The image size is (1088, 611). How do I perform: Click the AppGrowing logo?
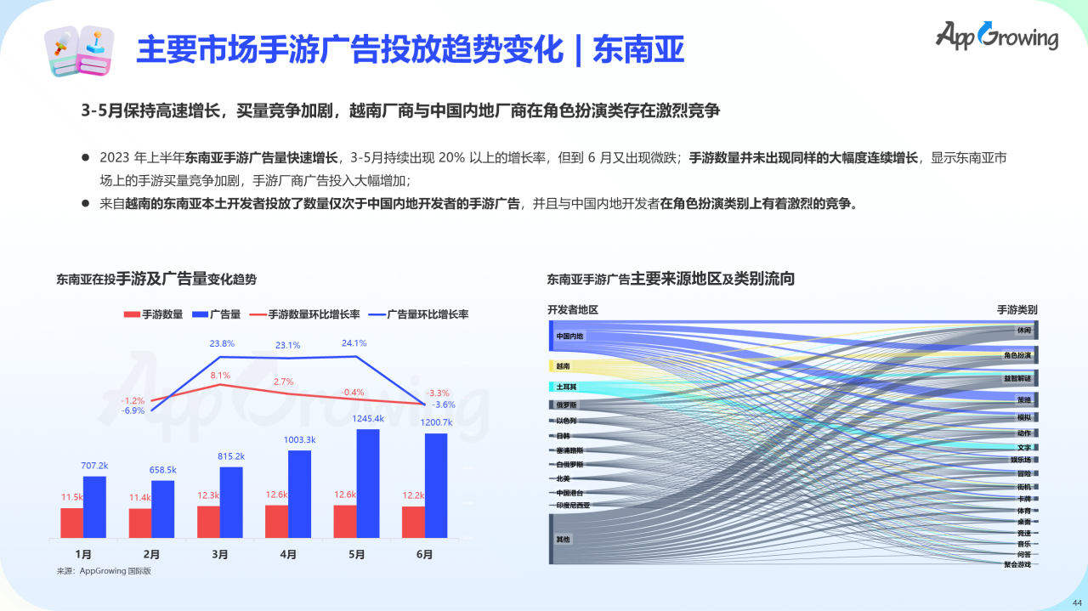coord(996,36)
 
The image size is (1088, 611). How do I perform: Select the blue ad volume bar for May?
coord(368,484)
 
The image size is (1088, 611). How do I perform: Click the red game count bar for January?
coord(72,523)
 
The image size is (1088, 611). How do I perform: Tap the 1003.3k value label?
coord(300,439)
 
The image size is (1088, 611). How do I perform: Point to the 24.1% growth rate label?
coord(354,343)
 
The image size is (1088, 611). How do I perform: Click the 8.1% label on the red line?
coord(220,375)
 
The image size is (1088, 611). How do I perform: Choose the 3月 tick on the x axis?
coord(220,554)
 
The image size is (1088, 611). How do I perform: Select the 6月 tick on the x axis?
coord(424,554)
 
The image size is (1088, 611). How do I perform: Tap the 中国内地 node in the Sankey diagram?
coord(569,337)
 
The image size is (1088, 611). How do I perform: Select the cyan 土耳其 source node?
coord(566,387)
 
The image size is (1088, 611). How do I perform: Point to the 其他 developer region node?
coord(563,539)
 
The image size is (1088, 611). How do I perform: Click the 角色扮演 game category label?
coord(1017,355)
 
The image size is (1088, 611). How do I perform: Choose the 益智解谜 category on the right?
coord(1017,377)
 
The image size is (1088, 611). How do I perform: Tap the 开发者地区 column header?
coord(572,310)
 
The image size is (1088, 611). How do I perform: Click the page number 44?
coord(1077,603)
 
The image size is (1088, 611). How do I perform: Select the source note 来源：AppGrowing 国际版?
coord(103,571)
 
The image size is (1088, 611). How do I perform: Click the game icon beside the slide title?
coord(78,50)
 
